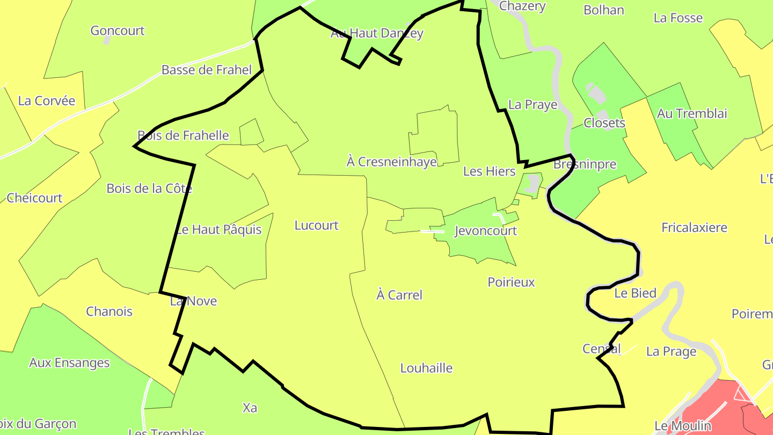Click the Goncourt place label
[x=118, y=31]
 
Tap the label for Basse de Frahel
[x=207, y=70]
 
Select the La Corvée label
[x=47, y=101]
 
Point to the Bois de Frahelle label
[x=183, y=135]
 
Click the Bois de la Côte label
[x=149, y=189]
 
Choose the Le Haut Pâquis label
[x=219, y=230]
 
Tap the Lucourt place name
[x=317, y=226]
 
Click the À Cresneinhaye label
[x=392, y=162]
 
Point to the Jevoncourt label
[x=485, y=231]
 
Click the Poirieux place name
[x=511, y=282]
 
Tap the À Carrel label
[x=399, y=295]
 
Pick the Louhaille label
[x=427, y=368]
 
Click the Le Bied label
[x=636, y=293]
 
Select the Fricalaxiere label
[x=695, y=228]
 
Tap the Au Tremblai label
[x=692, y=114]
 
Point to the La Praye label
[x=533, y=105]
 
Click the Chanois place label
[x=110, y=311]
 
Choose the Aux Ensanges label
[x=69, y=363]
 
